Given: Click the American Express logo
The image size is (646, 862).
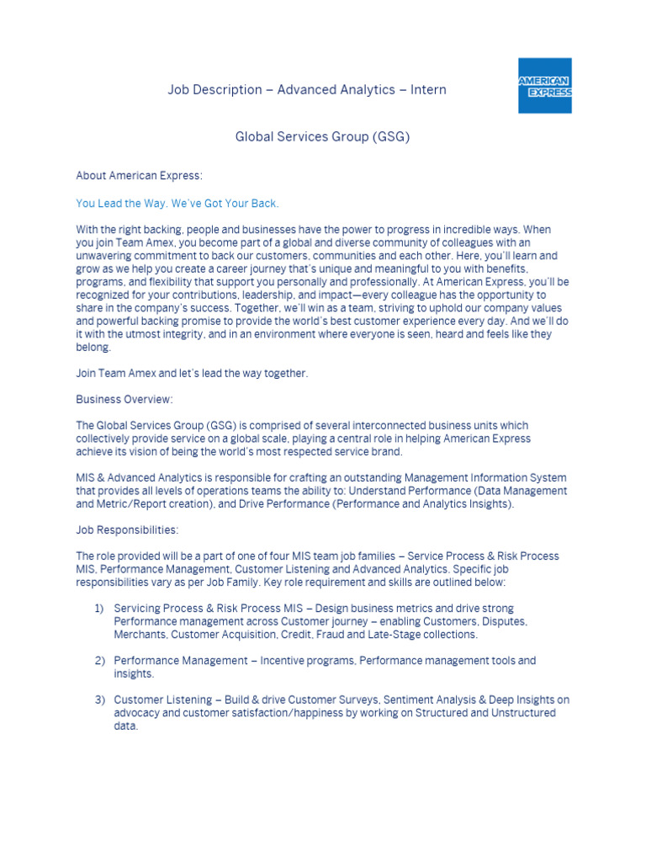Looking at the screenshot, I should (x=544, y=86).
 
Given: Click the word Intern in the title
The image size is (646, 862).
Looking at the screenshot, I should (x=428, y=89).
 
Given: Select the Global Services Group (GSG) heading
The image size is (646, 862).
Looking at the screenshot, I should (x=322, y=136).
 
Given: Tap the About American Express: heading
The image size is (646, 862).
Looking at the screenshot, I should (x=140, y=176).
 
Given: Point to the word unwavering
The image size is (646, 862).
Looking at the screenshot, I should (x=106, y=255).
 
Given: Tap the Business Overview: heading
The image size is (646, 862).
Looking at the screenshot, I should (x=124, y=399).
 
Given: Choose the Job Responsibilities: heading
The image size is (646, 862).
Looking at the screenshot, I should (x=127, y=530).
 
